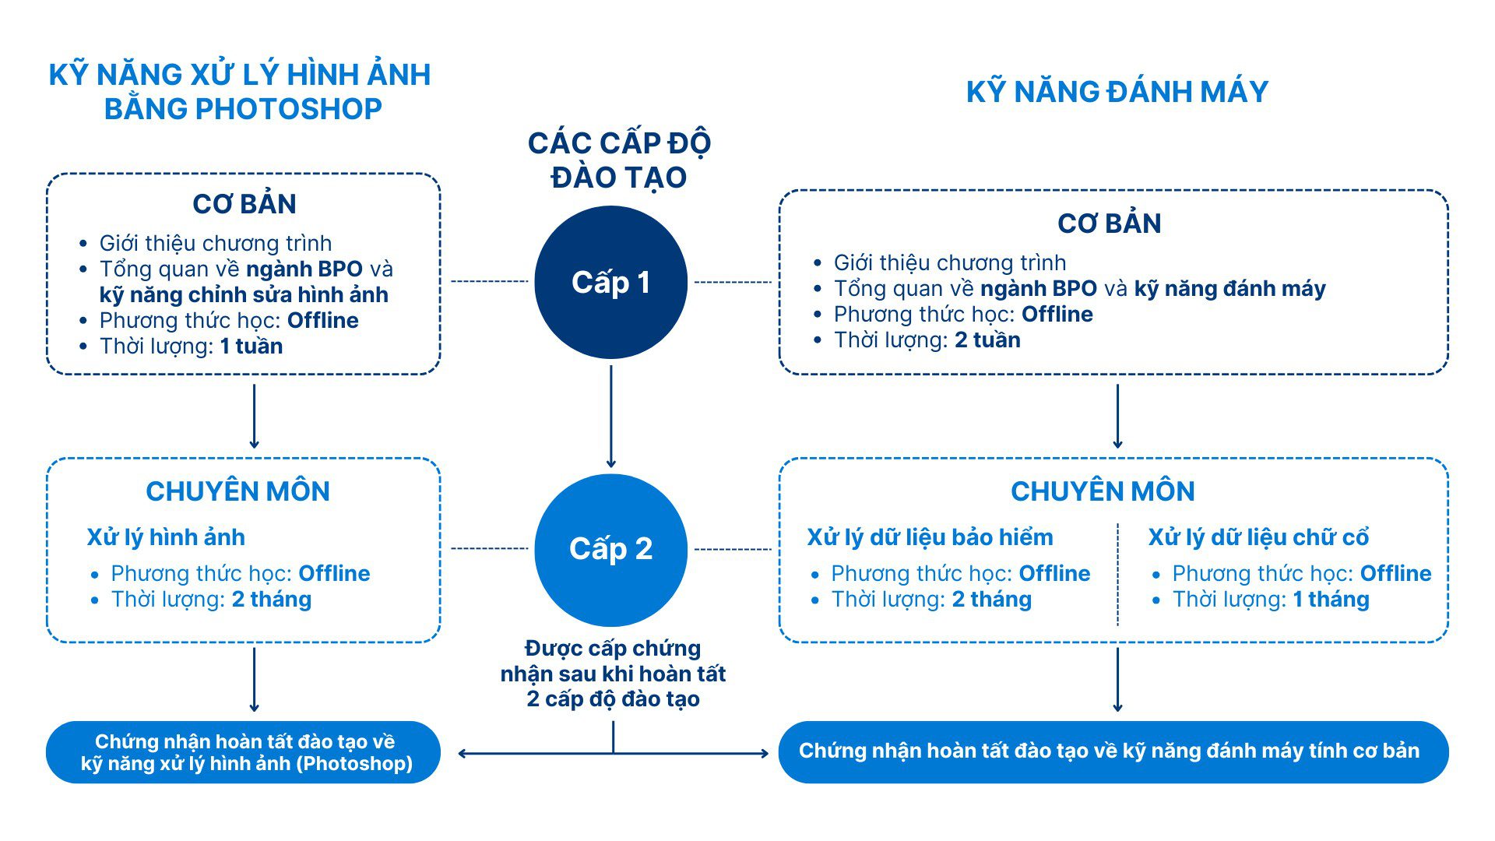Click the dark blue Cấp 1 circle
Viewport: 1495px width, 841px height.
611,282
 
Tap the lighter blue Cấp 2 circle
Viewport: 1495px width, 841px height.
611,549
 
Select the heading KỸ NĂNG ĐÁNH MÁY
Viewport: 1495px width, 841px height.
1117,92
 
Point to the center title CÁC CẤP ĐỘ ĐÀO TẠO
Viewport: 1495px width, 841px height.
619,160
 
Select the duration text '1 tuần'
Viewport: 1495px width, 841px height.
251,347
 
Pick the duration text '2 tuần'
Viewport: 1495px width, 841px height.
987,340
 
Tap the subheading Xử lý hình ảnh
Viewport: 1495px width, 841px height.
166,537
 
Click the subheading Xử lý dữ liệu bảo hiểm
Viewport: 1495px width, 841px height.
930,537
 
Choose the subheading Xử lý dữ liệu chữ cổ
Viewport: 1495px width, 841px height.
1258,537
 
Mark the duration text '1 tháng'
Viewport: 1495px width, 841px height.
1331,600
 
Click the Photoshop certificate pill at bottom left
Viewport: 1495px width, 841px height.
244,752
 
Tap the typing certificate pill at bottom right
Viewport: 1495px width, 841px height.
1113,751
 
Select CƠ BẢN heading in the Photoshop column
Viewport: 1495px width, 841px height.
244,204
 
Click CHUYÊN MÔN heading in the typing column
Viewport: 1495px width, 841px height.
1103,491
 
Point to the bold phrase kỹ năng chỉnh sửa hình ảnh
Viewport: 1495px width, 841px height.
244,295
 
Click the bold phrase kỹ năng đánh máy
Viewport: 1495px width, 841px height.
1229,289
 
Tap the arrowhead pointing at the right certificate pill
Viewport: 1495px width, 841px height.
763,753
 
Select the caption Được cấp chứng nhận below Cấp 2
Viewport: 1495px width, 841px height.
613,674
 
